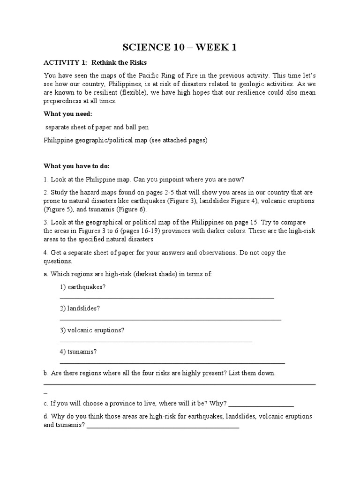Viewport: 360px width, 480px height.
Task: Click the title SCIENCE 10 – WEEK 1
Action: tap(180, 47)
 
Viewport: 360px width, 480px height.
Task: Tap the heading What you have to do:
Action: tap(77, 166)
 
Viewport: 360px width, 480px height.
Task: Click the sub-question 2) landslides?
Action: tap(80, 308)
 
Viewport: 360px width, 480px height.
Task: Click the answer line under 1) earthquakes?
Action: tap(167, 297)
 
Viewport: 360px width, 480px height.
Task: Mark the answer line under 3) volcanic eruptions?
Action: tap(156, 341)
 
